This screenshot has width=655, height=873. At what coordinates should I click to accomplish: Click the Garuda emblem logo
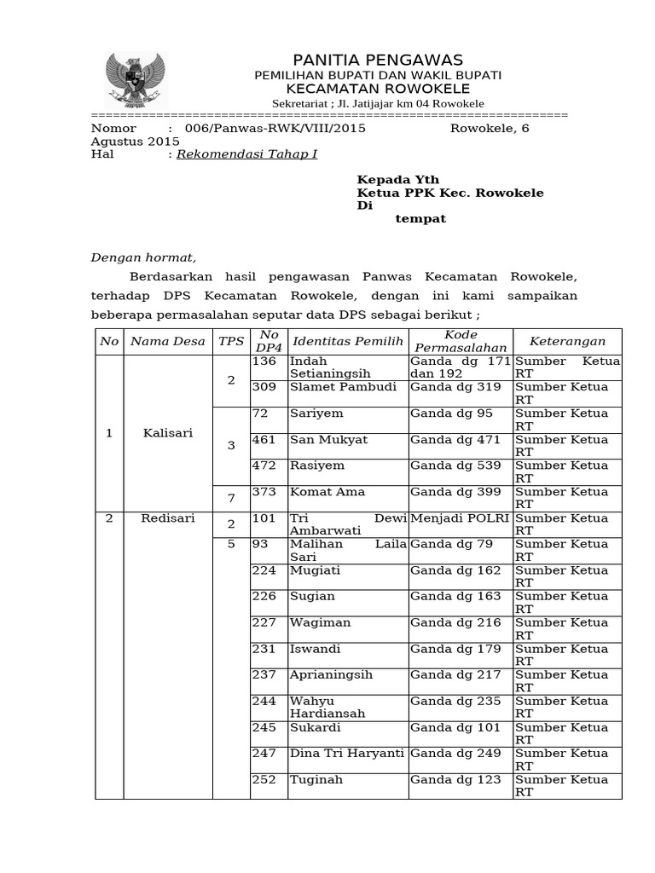[x=136, y=78]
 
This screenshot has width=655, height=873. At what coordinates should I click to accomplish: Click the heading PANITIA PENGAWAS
[x=377, y=59]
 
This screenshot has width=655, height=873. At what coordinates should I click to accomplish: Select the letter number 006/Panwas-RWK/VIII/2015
[x=269, y=128]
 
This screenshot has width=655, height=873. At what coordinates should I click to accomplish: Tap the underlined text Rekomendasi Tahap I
[x=246, y=155]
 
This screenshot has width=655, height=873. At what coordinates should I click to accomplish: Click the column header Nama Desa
[x=167, y=341]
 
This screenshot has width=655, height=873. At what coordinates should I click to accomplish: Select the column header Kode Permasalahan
[x=460, y=341]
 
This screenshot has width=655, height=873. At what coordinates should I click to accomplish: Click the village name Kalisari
[x=168, y=432]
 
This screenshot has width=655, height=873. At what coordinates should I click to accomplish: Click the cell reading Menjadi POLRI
[x=460, y=517]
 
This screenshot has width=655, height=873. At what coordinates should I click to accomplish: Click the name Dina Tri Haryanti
[x=346, y=754]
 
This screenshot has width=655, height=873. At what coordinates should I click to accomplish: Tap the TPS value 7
[x=230, y=497]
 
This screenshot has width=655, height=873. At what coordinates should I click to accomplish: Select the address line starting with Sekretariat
[x=378, y=103]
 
